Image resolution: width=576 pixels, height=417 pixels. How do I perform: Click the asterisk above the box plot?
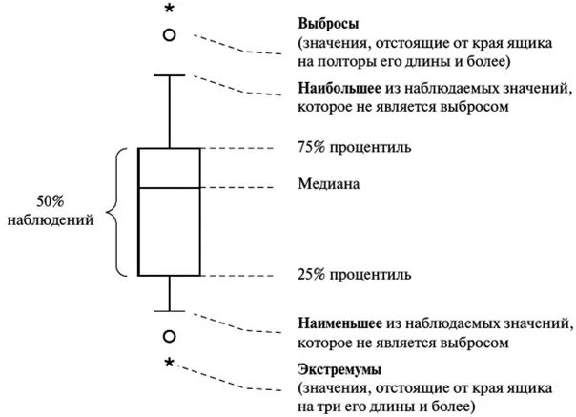(x=170, y=10)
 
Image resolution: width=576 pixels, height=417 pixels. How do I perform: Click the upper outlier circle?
(x=169, y=34)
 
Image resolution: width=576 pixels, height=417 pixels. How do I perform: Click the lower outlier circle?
(x=169, y=336)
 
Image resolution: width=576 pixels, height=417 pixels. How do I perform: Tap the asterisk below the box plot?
(x=169, y=364)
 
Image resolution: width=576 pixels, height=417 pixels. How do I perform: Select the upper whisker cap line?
(x=169, y=74)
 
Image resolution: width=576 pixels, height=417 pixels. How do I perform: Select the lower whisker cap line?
(x=169, y=310)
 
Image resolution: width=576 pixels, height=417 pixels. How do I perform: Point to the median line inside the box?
(x=169, y=188)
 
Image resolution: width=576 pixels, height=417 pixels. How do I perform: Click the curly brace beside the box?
(x=119, y=212)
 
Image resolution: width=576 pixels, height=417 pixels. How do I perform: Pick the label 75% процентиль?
(x=354, y=149)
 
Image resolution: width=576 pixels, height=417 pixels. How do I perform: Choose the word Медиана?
(x=329, y=182)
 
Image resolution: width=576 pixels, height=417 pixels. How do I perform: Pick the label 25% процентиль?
(x=354, y=276)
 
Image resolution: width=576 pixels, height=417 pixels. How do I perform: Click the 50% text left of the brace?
(x=50, y=201)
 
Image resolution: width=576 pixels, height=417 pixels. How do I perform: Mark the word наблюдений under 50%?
(x=50, y=220)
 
